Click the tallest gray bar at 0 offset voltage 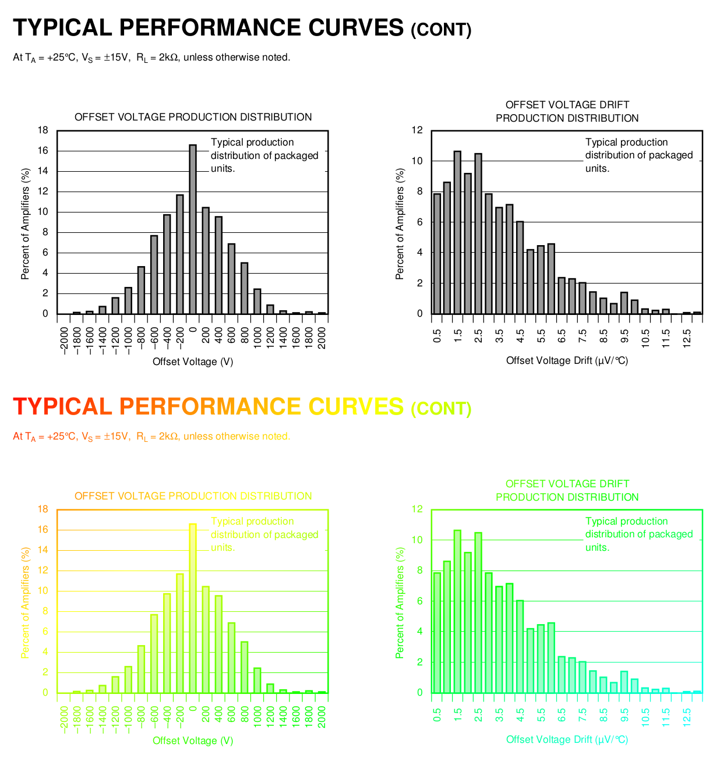pyautogui.click(x=193, y=229)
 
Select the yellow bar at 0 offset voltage pyautogui.click(x=193, y=608)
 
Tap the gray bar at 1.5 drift pyautogui.click(x=457, y=232)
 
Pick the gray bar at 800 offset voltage pyautogui.click(x=245, y=288)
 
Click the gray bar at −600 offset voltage pyautogui.click(x=154, y=274)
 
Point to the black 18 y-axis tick pyautogui.click(x=43, y=130)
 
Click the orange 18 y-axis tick pyautogui.click(x=43, y=509)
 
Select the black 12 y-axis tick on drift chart pyautogui.click(x=417, y=130)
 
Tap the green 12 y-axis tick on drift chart pyautogui.click(x=417, y=509)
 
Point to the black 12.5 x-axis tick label pyautogui.click(x=687, y=337)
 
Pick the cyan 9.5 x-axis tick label pyautogui.click(x=624, y=716)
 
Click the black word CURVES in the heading pyautogui.click(x=355, y=28)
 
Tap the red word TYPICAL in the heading pyautogui.click(x=62, y=407)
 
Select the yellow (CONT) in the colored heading pyautogui.click(x=441, y=409)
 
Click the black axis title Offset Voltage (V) pyautogui.click(x=193, y=362)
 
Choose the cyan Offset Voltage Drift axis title pyautogui.click(x=567, y=740)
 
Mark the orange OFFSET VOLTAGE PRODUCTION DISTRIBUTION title pyautogui.click(x=193, y=496)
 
